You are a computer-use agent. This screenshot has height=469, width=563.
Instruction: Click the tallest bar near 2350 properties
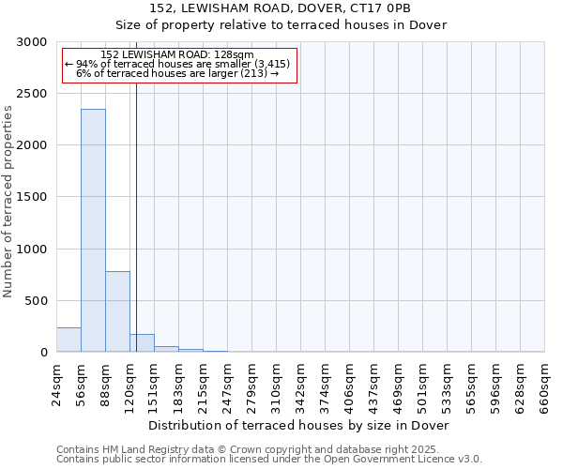pos(93,230)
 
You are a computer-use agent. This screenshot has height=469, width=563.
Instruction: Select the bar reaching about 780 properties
pos(117,311)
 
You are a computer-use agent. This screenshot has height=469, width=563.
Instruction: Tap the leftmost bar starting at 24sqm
pos(68,340)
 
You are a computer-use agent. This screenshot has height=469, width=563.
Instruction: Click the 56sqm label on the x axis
pos(82,383)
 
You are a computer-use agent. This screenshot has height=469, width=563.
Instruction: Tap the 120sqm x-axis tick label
pos(130,385)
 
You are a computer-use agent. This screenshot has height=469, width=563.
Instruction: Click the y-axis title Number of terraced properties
pos(8,202)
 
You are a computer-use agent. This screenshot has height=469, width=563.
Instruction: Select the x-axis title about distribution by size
pos(299,426)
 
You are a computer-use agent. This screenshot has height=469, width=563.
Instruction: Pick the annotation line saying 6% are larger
pos(177,73)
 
